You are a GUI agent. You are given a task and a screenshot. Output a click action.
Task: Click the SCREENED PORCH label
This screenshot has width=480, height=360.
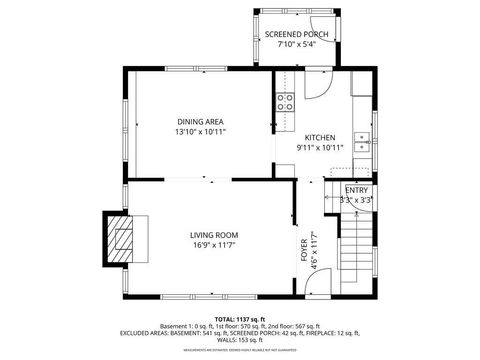[296, 34]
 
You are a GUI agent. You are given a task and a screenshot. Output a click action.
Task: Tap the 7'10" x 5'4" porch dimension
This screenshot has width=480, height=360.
[296, 45]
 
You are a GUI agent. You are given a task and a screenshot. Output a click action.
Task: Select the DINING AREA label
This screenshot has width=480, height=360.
[200, 121]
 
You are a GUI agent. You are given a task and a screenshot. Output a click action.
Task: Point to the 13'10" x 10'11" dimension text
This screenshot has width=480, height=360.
[200, 132]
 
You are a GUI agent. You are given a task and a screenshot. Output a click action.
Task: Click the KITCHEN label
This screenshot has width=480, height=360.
[320, 137]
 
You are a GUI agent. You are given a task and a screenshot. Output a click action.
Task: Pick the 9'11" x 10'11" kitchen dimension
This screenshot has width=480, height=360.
[320, 148]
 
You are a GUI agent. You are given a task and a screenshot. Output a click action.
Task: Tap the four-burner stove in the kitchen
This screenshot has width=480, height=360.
[284, 100]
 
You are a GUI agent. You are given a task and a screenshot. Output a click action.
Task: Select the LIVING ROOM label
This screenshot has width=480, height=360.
[214, 236]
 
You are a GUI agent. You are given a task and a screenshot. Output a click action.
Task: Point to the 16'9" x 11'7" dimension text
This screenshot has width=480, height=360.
[214, 247]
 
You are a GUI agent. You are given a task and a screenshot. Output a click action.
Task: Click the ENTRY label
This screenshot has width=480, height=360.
[356, 190]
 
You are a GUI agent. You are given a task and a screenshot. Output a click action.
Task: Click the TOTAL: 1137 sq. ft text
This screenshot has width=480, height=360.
[240, 318]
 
